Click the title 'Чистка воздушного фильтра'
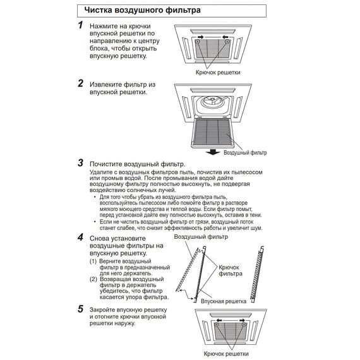tap(142, 10)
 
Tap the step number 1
tap(80, 25)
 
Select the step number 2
tap(80, 83)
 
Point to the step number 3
tap(80, 163)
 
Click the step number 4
tap(80, 237)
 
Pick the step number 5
tap(80, 309)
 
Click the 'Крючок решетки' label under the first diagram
tap(218, 73)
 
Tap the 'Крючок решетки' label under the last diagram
tap(226, 354)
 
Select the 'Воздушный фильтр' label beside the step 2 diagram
tap(245, 153)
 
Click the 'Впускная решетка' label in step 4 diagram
tap(224, 301)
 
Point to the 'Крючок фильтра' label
tap(231, 270)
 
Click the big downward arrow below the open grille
tap(213, 152)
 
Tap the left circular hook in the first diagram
tap(198, 42)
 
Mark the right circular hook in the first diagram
tap(227, 42)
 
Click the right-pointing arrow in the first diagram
tap(200, 37)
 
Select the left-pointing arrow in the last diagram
tap(219, 320)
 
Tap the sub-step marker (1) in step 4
tap(93, 261)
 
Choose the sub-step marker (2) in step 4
tap(93, 279)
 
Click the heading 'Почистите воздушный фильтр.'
tap(137, 164)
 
